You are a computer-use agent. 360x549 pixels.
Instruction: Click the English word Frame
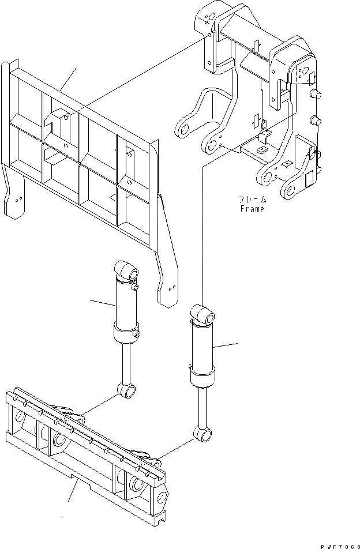pos(252,209)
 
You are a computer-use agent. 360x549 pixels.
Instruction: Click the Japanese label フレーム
pos(252,200)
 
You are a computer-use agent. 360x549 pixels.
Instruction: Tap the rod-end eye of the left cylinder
pos(128,392)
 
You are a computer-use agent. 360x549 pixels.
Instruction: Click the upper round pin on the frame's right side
pos(315,93)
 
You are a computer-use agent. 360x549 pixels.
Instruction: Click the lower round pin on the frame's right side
pos(315,121)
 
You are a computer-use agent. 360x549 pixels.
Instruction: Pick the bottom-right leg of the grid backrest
pos(168,286)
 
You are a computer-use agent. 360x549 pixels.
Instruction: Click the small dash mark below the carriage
pos(61,517)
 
